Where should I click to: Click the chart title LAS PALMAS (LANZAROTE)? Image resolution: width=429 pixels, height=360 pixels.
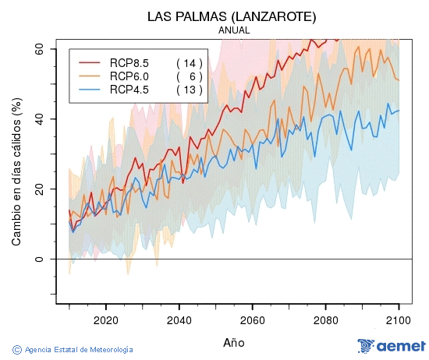233,16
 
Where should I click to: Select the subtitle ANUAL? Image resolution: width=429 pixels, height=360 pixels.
234,30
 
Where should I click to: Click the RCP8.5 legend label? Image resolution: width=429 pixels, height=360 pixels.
129,62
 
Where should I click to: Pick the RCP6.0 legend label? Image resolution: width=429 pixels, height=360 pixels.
129,76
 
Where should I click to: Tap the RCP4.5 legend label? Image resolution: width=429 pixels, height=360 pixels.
129,89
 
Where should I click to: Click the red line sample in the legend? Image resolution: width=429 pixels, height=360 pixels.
89,62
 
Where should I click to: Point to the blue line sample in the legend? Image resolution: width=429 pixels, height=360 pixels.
89,89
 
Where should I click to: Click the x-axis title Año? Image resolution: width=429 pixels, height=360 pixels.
234,342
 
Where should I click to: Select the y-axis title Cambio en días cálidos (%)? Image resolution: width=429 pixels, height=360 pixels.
16,172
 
